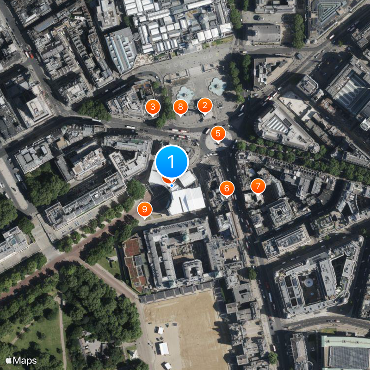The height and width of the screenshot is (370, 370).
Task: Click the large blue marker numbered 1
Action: (172, 162)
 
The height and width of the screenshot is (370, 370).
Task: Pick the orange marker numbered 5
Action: (218, 134)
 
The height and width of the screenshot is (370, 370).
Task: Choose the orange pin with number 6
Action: (227, 188)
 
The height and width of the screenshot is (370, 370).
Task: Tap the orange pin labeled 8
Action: (180, 108)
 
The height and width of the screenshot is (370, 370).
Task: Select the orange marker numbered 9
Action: (145, 210)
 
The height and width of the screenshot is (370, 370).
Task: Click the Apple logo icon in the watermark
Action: (8, 360)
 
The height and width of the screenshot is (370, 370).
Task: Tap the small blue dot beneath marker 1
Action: (172, 185)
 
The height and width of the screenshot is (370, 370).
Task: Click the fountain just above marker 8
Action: (185, 93)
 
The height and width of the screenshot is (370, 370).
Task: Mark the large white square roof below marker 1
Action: (186, 201)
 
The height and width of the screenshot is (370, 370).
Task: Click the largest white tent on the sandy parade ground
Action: (164, 348)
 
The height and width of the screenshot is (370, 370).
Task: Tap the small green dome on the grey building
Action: (185, 238)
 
